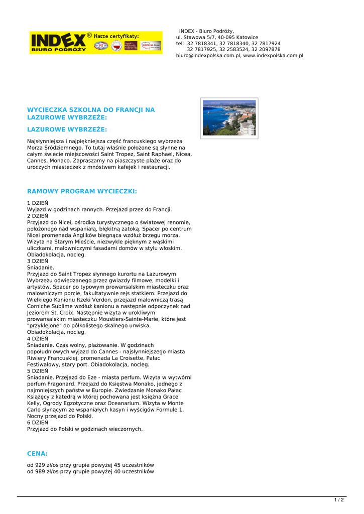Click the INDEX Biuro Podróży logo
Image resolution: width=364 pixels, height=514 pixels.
coord(58,43)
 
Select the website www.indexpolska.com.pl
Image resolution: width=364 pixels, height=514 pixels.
coord(273,56)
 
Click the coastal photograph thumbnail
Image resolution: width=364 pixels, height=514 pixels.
coord(229,118)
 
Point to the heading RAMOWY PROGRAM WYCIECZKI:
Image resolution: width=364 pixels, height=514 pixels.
coord(82,191)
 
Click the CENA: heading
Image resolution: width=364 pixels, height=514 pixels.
coord(37,453)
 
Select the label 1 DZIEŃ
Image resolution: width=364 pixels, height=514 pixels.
coord(38,203)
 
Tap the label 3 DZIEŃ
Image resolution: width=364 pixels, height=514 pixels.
coord(38,261)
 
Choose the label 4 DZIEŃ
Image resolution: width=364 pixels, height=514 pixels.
coord(38,339)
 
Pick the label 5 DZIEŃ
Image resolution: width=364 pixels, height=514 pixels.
coord(38,371)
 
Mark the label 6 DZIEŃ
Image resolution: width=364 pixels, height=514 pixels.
coord(38,423)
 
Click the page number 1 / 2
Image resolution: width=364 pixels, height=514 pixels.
coord(339,500)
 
